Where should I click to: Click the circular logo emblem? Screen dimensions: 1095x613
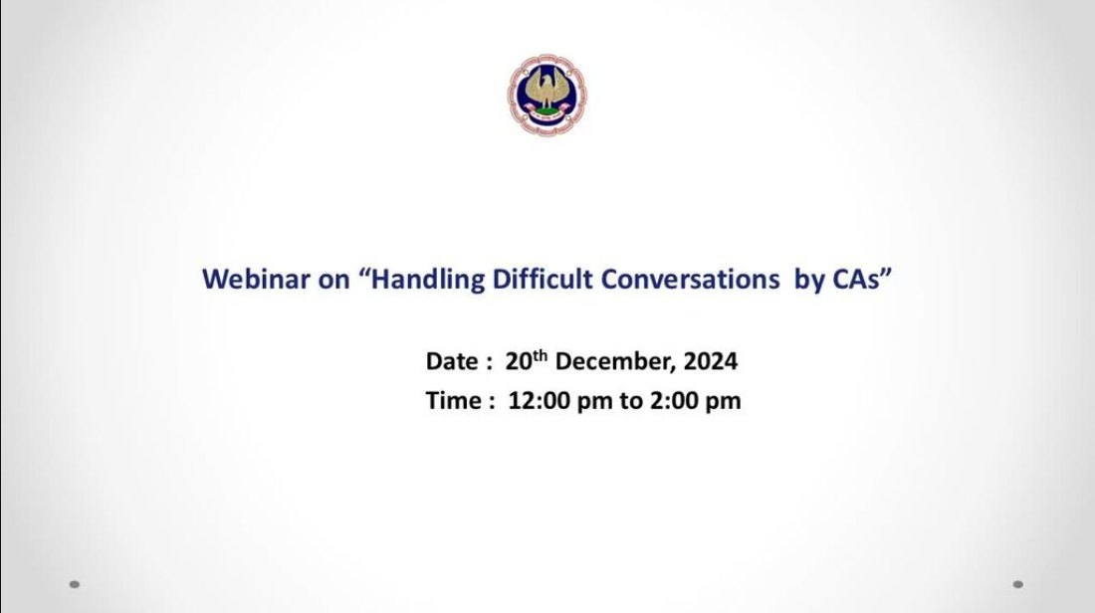547,95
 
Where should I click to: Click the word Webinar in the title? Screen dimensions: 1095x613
256,279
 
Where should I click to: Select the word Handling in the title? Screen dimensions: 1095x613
427,280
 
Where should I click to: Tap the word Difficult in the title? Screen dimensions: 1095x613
543,279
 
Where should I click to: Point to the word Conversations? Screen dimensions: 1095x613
690,279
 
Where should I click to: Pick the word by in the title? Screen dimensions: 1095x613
809,280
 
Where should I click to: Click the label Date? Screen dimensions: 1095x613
452,361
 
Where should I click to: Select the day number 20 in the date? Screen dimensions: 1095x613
519,361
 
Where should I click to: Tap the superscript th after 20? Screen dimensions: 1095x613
540,355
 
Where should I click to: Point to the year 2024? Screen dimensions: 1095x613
710,361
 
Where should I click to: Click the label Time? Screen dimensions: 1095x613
453,401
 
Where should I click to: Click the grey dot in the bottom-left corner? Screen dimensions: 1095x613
75,584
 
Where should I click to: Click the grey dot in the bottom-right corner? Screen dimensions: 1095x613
1018,584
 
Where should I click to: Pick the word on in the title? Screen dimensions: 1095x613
333,281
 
